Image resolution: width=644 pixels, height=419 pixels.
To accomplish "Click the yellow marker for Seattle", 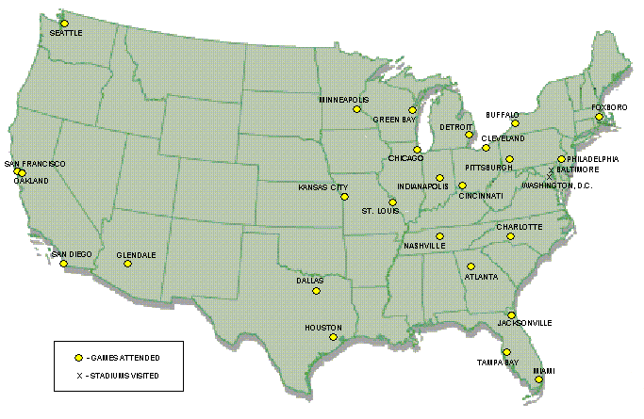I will coord(64,24).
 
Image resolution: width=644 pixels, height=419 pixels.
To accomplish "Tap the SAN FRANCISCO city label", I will coord(35,164).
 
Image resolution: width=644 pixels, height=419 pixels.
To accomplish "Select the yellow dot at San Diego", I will coord(64,264).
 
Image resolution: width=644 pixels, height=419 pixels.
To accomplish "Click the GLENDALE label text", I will coord(136,255).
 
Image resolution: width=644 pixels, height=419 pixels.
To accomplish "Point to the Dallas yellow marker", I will coord(316,291).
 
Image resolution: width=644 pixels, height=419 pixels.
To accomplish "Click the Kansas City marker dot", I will coord(344,197).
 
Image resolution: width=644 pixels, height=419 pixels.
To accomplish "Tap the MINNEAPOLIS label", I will coord(343,99).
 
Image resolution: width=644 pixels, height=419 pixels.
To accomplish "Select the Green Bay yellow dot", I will coord(412,110).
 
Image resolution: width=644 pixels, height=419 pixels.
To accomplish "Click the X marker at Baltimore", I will coord(551,173).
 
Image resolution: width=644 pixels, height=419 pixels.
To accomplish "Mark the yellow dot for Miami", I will coord(538,379).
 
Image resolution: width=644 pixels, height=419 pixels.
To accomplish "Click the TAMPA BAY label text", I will coord(496,362).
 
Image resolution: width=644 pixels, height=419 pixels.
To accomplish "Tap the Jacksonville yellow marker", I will coord(511,314).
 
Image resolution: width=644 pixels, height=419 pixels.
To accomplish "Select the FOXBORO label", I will coord(609,107).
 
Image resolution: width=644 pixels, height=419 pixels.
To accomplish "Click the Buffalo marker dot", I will coord(515,123).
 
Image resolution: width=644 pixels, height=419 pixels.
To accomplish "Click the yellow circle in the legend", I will coord(79,358).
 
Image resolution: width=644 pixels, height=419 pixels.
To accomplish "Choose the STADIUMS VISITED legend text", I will coord(124,376).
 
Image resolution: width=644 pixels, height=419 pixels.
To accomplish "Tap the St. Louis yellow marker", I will coord(392,202).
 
